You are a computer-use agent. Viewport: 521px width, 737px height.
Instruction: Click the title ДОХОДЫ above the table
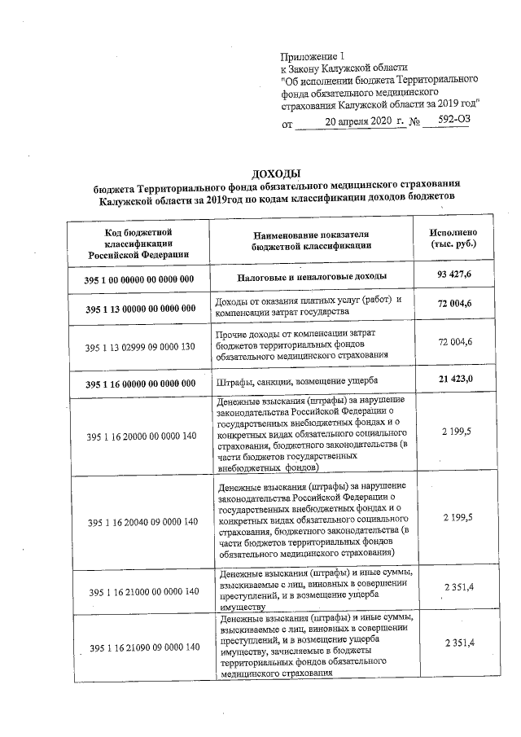(276, 173)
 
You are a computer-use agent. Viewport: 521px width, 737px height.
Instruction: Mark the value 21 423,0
(454, 379)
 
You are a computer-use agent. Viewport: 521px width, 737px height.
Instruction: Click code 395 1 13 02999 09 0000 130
(141, 347)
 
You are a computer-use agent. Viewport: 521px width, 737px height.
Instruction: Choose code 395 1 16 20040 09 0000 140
(141, 521)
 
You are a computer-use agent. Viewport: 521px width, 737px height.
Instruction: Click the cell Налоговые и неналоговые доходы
(312, 276)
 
